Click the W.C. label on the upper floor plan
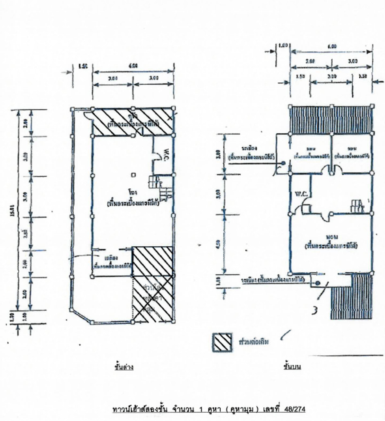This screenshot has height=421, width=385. point(301,194)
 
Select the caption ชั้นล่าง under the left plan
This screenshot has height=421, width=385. point(124,367)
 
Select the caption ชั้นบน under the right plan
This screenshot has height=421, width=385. point(292,367)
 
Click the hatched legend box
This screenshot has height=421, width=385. point(222,342)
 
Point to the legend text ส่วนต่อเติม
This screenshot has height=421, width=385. point(253,342)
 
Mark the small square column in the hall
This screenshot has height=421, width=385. point(133,175)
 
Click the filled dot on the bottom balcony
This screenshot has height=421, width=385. point(318,283)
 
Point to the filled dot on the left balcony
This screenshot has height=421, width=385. point(283,163)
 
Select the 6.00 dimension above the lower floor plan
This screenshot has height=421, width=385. point(133,66)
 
